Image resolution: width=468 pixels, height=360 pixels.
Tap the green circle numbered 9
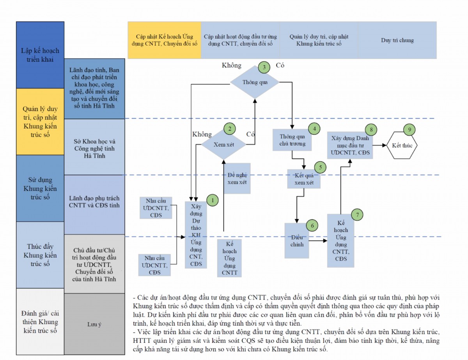click(409, 130)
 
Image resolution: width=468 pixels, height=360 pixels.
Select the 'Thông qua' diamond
click(254, 82)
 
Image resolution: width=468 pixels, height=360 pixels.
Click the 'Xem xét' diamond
click(223, 144)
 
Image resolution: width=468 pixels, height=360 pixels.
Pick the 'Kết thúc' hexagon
click(402, 145)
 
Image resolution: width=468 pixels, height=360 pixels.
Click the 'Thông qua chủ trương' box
click(292, 140)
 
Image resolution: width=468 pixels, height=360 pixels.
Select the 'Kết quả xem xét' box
click(304, 178)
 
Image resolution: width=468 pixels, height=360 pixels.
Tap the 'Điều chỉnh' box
click(297, 241)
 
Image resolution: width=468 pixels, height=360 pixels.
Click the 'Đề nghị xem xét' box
click(237, 178)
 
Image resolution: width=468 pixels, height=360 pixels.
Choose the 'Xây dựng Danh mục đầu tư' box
click(350, 145)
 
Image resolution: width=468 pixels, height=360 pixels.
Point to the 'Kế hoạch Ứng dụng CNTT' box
click(229, 257)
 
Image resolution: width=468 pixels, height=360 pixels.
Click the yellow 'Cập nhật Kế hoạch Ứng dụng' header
click(164, 40)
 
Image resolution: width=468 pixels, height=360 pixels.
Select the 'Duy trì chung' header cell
click(397, 40)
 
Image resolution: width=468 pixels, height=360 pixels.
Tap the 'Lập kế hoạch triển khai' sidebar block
click(40, 55)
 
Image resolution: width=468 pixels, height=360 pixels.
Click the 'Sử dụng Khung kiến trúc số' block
click(40, 188)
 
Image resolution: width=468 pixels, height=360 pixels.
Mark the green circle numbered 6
click(312, 225)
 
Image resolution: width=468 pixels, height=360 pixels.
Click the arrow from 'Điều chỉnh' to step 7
click(318, 241)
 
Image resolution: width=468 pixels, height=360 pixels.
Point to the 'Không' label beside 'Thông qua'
click(232, 66)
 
